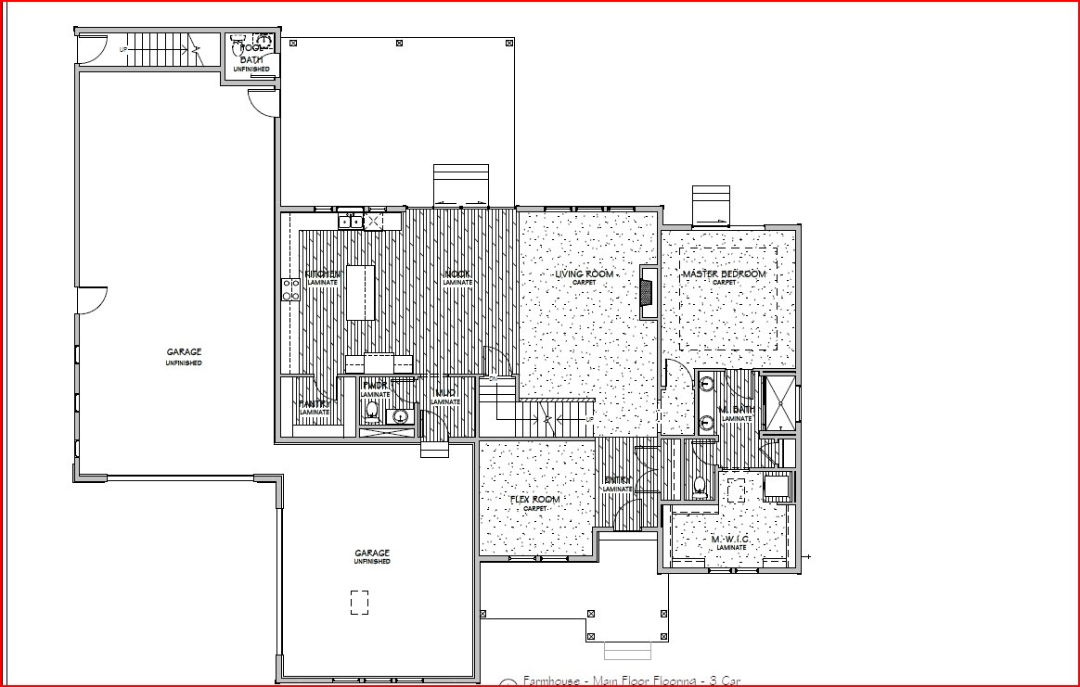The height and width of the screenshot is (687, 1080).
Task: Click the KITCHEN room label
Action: click(x=322, y=274)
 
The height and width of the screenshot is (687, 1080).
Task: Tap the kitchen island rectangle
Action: click(x=361, y=293)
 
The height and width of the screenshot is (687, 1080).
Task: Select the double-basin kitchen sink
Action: click(x=351, y=221)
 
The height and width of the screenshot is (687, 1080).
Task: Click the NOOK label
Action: click(x=456, y=274)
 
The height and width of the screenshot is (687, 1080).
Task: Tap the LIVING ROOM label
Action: click(x=585, y=274)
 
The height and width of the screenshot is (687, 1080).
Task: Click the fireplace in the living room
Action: click(x=646, y=292)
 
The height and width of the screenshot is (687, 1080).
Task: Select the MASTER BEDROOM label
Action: click(x=724, y=274)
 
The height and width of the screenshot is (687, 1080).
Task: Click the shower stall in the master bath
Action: click(x=778, y=402)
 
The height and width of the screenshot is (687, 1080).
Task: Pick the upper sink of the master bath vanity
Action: click(x=707, y=383)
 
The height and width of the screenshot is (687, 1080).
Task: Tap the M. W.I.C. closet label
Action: click(x=730, y=540)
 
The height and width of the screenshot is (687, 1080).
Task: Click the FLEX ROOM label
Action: click(x=535, y=500)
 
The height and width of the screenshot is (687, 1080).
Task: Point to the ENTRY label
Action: click(x=618, y=480)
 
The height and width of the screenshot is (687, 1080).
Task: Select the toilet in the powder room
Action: click(x=372, y=409)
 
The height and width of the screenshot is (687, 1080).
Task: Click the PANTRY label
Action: click(x=314, y=404)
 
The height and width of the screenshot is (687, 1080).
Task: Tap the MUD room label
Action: click(x=445, y=394)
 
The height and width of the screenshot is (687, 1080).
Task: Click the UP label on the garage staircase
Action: click(x=122, y=48)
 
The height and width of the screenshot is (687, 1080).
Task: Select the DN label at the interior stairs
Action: click(x=494, y=379)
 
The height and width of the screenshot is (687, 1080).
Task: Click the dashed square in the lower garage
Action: click(x=359, y=603)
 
